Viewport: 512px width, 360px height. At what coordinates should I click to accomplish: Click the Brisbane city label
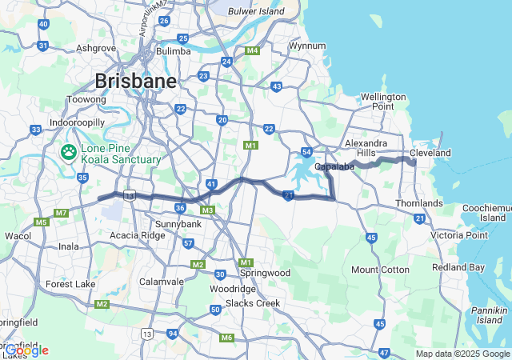tap(135, 81)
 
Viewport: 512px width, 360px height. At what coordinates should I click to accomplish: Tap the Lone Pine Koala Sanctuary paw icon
tap(70, 150)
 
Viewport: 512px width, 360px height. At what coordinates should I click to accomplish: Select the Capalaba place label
tap(334, 166)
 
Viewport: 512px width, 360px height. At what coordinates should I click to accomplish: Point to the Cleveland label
tap(430, 153)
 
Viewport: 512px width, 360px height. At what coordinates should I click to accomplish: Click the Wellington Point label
tap(383, 102)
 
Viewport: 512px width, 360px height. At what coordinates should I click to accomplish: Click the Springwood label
tap(264, 273)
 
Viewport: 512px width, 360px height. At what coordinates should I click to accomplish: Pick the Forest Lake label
tap(70, 284)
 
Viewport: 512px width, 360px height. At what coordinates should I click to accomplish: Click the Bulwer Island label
tap(256, 12)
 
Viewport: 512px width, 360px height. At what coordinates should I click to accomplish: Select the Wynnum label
tap(307, 46)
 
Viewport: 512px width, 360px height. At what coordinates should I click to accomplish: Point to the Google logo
tap(26, 350)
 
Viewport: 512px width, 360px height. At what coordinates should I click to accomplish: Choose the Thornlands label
tap(419, 203)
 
